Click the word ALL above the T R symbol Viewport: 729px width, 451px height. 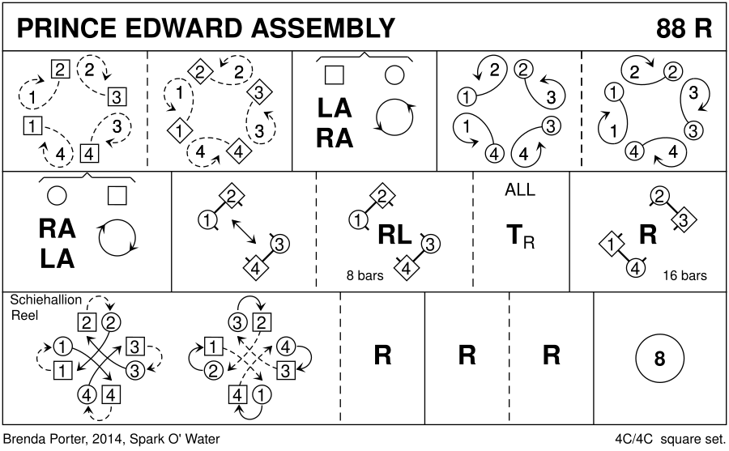pyautogui.click(x=519, y=191)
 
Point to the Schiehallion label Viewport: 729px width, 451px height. pyautogui.click(x=46, y=300)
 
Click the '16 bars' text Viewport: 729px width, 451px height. pyautogui.click(x=684, y=275)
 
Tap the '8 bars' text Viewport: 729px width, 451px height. pyautogui.click(x=364, y=275)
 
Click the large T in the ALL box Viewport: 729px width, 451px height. pyautogui.click(x=514, y=236)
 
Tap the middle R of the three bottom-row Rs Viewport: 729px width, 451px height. pyautogui.click(x=467, y=355)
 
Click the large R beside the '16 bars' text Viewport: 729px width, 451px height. pyautogui.click(x=647, y=235)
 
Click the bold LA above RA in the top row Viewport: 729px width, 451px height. pyautogui.click(x=335, y=108)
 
